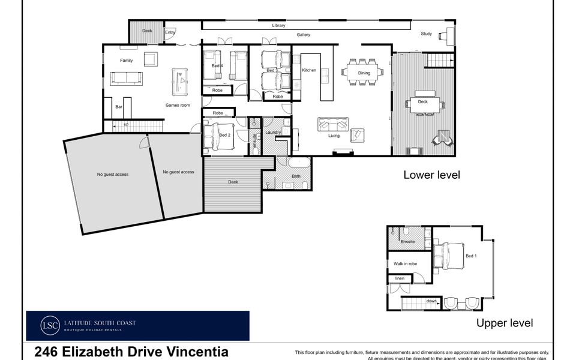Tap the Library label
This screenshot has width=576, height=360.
coord(278,26)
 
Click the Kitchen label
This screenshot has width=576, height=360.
coord(309,71)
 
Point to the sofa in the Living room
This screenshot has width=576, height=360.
coord(333,124)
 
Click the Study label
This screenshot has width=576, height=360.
coord(426,34)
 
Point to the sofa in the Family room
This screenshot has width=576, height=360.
coord(126,78)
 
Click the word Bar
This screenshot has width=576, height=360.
coord(119,106)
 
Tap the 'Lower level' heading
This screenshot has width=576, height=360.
coord(431,175)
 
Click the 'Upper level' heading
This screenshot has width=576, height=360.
coord(504,323)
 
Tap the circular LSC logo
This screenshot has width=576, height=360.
coord(50,326)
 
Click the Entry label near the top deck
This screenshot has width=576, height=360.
coord(170,32)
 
